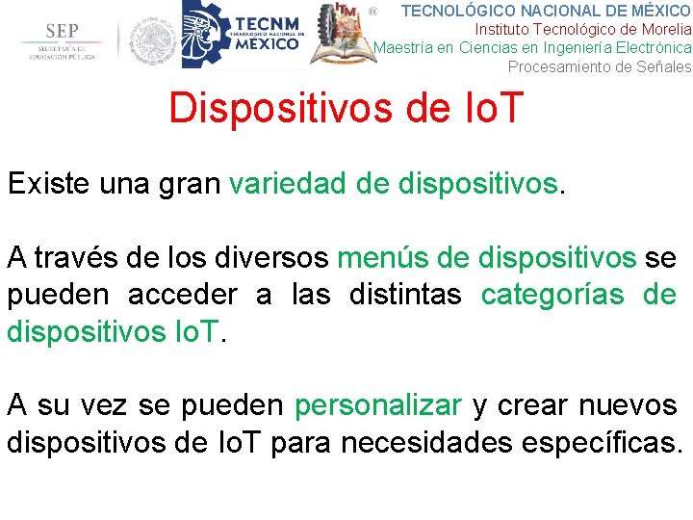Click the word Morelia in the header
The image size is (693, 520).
point(664,29)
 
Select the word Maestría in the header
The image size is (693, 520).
point(403,47)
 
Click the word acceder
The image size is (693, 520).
point(182,295)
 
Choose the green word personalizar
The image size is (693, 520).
point(378,405)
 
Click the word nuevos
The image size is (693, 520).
point(628,405)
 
